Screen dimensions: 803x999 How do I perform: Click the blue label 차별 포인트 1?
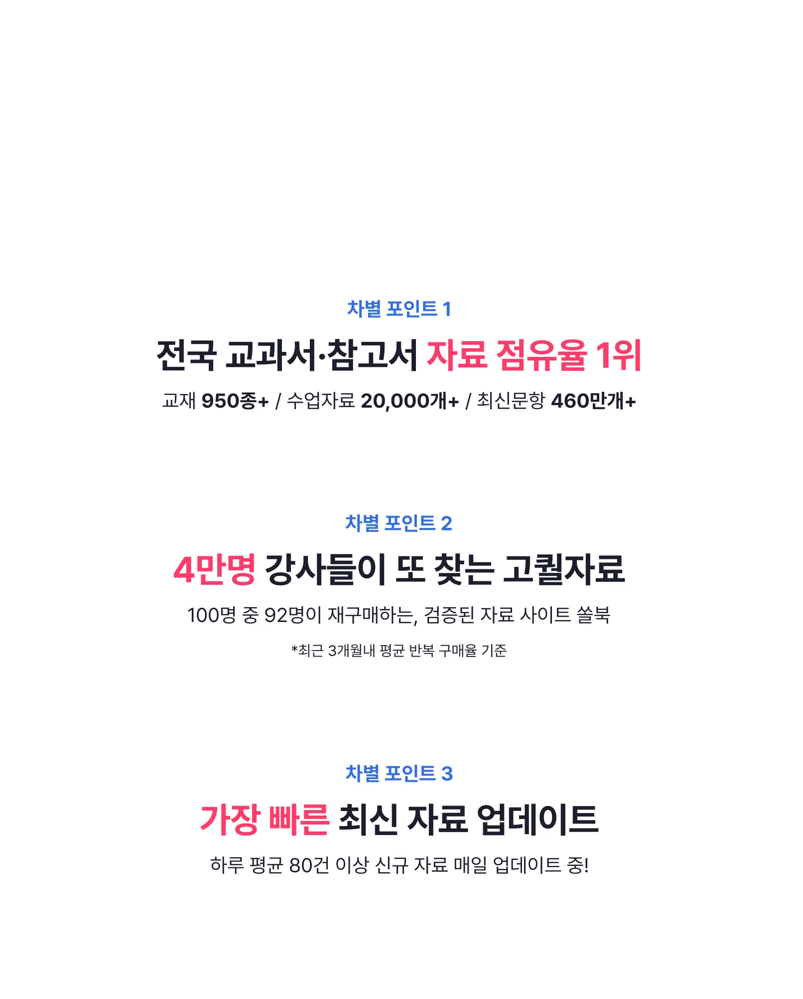point(399,309)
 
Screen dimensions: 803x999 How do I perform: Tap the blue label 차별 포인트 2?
point(399,523)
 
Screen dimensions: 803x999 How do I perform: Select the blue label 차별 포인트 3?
point(399,774)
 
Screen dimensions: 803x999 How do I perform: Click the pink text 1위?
point(618,355)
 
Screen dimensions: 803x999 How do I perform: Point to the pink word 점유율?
point(541,355)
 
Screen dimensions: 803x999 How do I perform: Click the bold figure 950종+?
point(235,401)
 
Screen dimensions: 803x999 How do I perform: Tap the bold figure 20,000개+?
point(409,401)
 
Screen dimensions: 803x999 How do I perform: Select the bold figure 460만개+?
point(593,401)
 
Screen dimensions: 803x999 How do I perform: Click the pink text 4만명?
point(214,569)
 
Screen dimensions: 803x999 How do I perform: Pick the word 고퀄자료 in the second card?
point(563,569)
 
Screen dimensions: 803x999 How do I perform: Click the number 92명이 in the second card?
point(293,615)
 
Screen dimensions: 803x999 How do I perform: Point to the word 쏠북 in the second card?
point(593,615)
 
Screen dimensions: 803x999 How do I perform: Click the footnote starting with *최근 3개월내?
point(399,651)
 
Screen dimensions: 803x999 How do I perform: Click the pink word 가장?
point(230,820)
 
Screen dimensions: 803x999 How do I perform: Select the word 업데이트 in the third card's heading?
point(537,820)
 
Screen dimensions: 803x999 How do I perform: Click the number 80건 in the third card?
point(309,865)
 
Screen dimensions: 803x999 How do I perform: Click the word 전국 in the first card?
point(186,355)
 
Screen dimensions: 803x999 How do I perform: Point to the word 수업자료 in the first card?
point(321,401)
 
